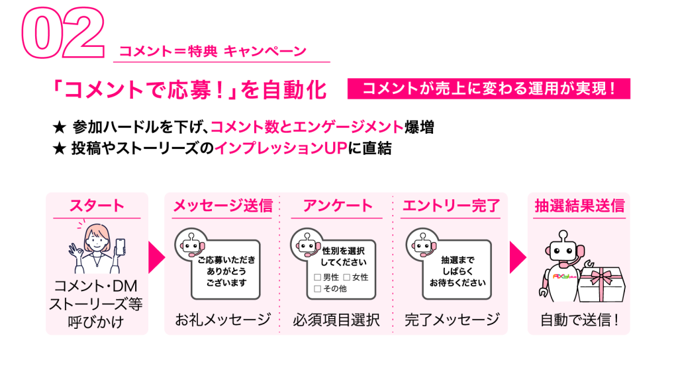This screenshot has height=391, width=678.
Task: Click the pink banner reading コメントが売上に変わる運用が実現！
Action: pyautogui.click(x=489, y=89)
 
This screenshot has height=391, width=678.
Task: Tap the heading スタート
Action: pyautogui.click(x=97, y=206)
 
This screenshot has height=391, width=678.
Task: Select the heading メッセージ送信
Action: pyautogui.click(x=222, y=206)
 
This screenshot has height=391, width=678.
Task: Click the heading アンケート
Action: pyautogui.click(x=337, y=206)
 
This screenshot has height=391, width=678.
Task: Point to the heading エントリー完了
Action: pyautogui.click(x=451, y=206)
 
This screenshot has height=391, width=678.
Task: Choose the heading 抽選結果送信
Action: pyautogui.click(x=579, y=206)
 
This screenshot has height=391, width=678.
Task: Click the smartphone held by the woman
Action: pyautogui.click(x=121, y=247)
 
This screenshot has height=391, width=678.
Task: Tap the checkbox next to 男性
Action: pyautogui.click(x=317, y=277)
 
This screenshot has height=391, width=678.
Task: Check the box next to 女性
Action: pyautogui.click(x=346, y=277)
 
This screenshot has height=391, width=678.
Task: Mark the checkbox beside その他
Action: pyautogui.click(x=317, y=288)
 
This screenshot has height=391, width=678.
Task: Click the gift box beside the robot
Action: pyautogui.click(x=601, y=283)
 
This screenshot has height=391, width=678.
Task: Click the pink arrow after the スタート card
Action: pyautogui.click(x=156, y=257)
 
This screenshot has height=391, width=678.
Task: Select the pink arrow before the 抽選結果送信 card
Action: pyautogui.click(x=518, y=257)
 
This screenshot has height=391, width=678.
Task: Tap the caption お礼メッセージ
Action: pyautogui.click(x=222, y=320)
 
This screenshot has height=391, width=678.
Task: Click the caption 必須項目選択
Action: pyautogui.click(x=336, y=320)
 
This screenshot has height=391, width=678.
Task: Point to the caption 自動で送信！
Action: pyautogui.click(x=579, y=320)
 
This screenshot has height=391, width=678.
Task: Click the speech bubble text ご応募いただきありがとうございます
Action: pyautogui.click(x=226, y=271)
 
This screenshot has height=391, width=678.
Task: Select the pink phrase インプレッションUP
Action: pyautogui.click(x=281, y=148)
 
